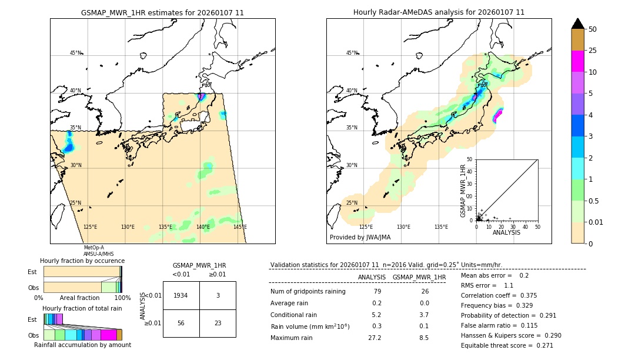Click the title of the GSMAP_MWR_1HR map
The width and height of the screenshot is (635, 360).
162,12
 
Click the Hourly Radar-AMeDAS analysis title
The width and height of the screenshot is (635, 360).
439,12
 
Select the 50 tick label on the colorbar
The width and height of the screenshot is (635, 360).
593,29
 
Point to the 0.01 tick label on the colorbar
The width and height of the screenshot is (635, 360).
596,222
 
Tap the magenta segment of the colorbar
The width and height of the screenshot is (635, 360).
578,61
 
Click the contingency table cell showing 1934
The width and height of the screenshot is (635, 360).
181,295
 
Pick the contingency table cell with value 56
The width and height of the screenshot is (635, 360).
181,322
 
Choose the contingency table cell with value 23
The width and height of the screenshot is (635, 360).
218,322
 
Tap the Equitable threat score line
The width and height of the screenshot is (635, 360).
507,345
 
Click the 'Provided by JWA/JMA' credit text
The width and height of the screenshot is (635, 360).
360,238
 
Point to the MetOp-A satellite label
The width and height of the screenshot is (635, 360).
94,248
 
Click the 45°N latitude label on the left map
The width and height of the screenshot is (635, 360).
75,53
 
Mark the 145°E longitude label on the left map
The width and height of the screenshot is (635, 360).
240,227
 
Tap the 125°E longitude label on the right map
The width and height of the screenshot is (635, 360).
366,227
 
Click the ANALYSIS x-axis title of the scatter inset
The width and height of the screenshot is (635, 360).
506,232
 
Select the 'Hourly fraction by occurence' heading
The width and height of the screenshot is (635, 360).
82,261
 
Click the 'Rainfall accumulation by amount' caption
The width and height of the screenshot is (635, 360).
82,345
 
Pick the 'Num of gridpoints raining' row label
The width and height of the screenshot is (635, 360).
308,292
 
